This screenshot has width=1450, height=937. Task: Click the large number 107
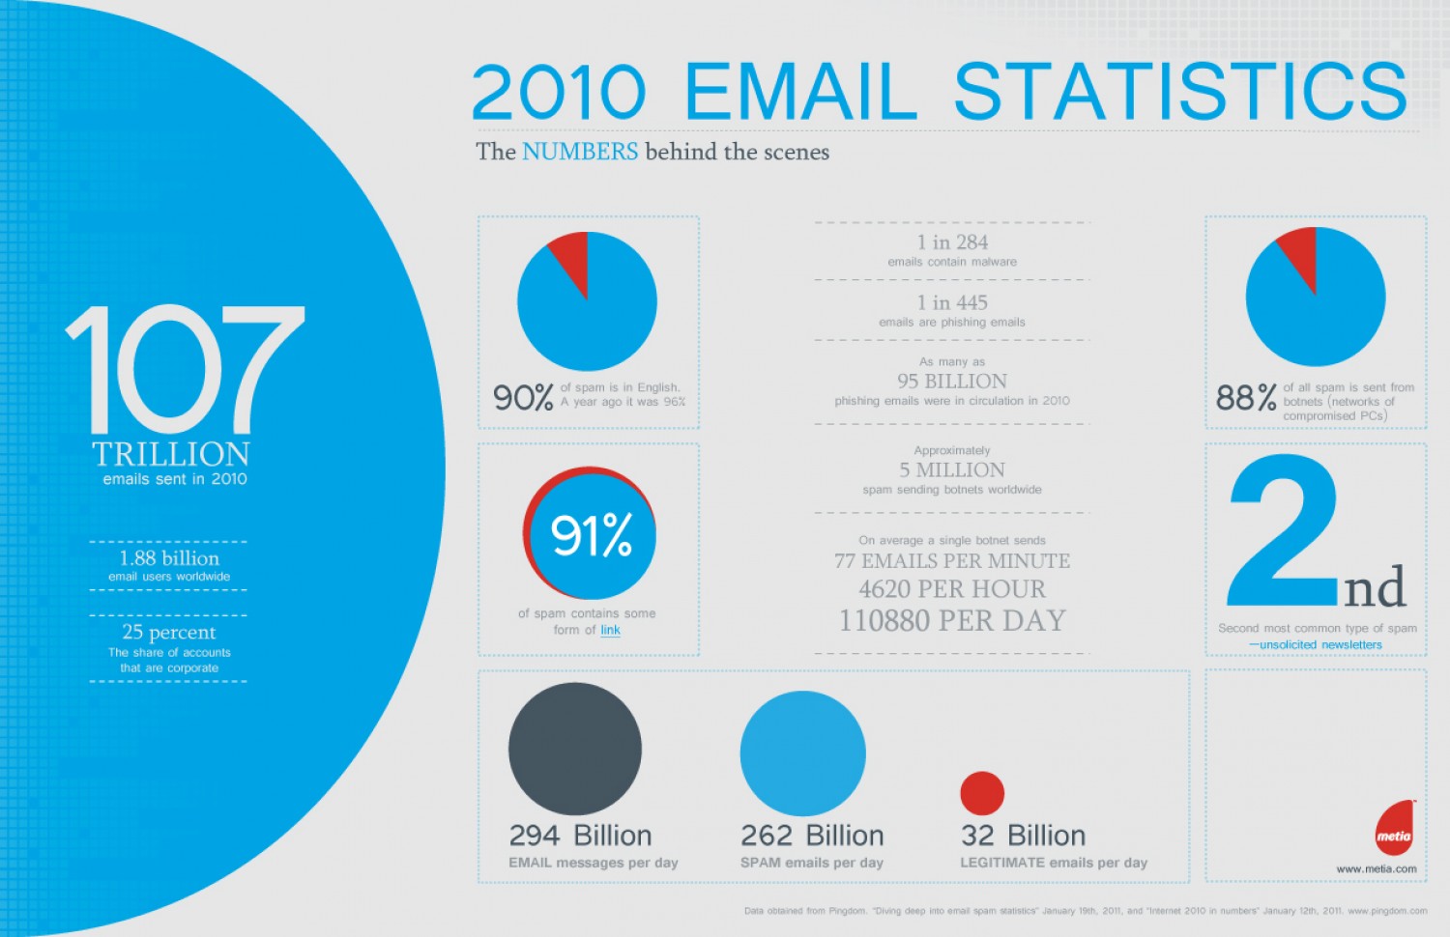tap(185, 370)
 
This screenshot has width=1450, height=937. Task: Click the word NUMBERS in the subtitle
tap(580, 152)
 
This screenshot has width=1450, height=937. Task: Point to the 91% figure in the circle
tap(591, 535)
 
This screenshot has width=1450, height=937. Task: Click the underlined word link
tap(610, 630)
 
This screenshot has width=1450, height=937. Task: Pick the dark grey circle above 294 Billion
tap(575, 749)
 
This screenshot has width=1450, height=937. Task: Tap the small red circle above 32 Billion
tap(982, 793)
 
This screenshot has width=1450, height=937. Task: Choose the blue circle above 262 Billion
tap(802, 753)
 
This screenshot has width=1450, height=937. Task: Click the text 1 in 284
tap(952, 242)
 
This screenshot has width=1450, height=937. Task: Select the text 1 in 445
tap(952, 302)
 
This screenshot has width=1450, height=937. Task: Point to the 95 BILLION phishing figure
tap(952, 381)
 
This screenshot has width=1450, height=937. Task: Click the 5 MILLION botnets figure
tap(952, 470)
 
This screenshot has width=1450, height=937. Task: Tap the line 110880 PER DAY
tap(952, 620)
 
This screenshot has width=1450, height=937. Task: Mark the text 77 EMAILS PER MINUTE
tap(952, 561)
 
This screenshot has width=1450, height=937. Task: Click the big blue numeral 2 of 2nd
tap(1283, 531)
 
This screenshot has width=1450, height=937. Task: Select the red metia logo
tap(1395, 829)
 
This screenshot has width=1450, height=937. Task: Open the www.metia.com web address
tap(1377, 868)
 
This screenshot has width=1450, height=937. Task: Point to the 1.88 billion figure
tap(169, 558)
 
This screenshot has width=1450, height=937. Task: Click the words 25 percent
tap(169, 632)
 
